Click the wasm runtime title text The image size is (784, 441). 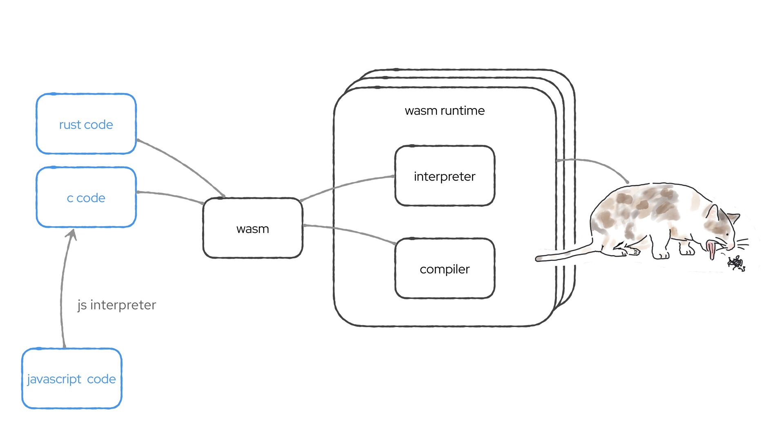(x=445, y=111)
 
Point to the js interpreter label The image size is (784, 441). (x=117, y=305)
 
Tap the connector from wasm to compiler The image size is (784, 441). (x=351, y=231)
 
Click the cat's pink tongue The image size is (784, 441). (x=712, y=249)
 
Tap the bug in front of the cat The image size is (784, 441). (x=736, y=263)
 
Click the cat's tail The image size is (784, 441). (x=563, y=255)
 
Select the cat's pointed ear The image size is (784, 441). (x=713, y=212)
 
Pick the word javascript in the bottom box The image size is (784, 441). (x=54, y=379)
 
